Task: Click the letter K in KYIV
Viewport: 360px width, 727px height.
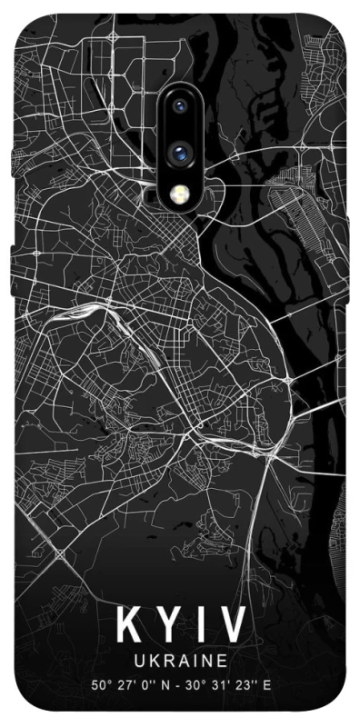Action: click(127, 625)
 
